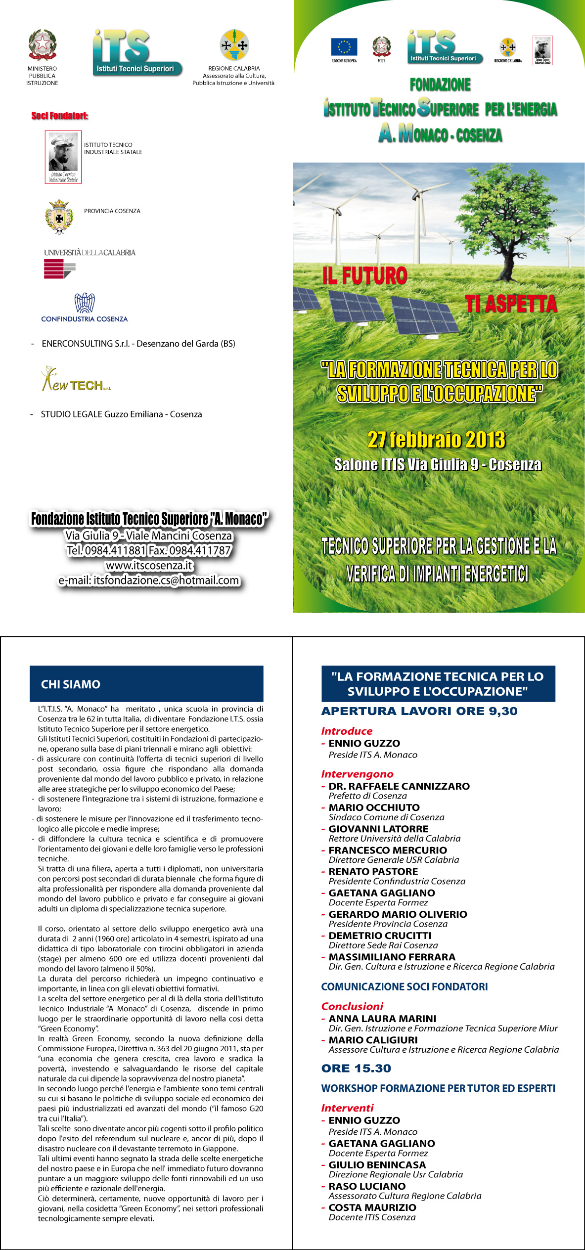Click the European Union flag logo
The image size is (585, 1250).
pos(344,47)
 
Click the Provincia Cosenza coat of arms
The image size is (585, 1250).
pos(59,217)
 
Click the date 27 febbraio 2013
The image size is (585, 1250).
pos(436,440)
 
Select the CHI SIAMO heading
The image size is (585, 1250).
pos(71,684)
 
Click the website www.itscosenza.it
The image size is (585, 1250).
pos(149,565)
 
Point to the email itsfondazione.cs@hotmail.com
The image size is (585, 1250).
pos(149,580)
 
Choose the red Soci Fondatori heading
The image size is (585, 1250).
pos(60,116)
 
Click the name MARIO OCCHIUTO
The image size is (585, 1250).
pos(374,807)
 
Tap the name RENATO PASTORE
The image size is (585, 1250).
pos(373,871)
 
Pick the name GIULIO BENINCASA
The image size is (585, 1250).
pos(377,1164)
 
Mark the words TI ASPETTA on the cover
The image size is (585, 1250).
pos(511,304)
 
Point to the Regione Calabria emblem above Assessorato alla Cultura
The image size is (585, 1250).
pos(234,45)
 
